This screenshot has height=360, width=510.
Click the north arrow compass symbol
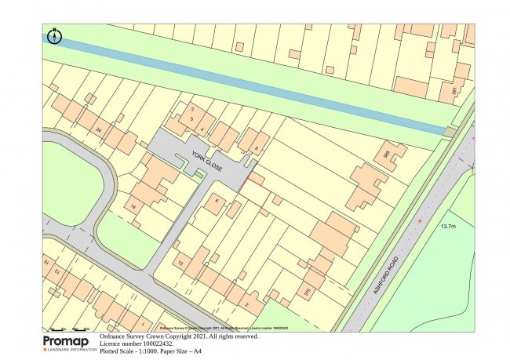coord(54,36)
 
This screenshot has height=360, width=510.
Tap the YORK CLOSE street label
coord(207,162)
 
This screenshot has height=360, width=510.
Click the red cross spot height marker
coord(421,222)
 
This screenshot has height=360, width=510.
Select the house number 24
coord(98,129)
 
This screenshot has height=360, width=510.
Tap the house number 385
coord(385,154)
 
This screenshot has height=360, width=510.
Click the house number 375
coord(307,292)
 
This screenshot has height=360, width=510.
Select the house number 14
coord(134,206)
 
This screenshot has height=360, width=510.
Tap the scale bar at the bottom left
coord(69,328)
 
